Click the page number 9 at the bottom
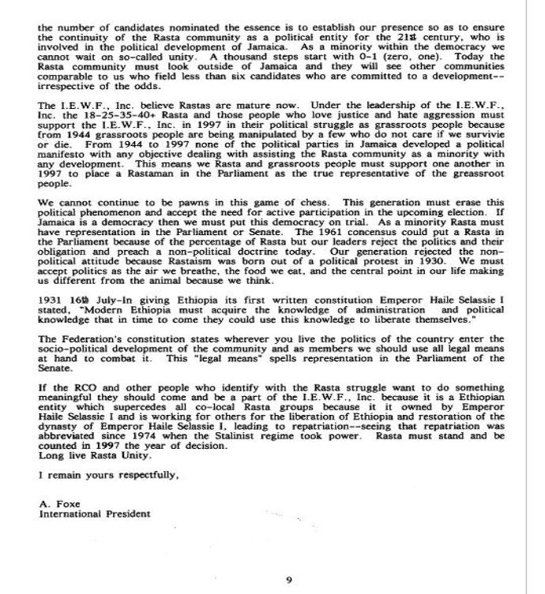click(x=288, y=580)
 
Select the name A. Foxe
click(x=56, y=502)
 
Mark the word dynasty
click(x=64, y=424)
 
